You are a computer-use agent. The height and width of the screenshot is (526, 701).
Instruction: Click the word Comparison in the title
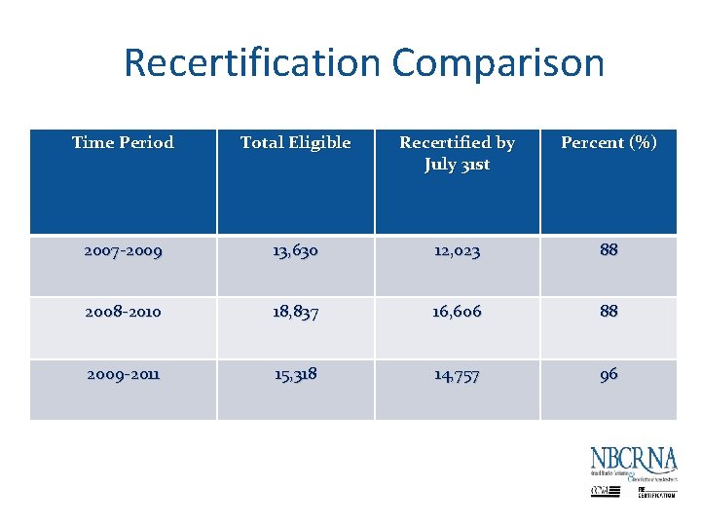click(498, 63)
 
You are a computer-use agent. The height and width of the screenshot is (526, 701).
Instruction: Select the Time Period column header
click(123, 142)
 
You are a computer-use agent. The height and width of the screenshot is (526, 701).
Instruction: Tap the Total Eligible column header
click(295, 142)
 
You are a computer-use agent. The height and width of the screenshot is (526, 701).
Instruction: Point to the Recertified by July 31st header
click(457, 153)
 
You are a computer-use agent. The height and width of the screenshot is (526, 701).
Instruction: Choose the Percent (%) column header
click(609, 142)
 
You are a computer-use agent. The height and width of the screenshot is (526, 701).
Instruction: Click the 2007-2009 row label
click(123, 250)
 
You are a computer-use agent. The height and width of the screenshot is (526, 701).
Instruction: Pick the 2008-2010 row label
click(123, 312)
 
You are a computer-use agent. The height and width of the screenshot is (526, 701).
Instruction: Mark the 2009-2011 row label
click(123, 374)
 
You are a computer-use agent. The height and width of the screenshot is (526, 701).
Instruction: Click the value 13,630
click(295, 250)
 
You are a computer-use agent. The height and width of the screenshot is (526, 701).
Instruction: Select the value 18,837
click(295, 312)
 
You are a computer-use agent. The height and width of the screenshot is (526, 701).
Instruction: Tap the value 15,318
click(295, 374)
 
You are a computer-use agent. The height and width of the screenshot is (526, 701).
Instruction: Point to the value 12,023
click(457, 250)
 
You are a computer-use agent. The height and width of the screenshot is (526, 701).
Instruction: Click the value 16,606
click(457, 312)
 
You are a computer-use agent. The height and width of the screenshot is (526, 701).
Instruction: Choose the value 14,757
click(457, 374)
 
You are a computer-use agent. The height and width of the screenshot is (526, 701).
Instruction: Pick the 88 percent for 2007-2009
click(609, 249)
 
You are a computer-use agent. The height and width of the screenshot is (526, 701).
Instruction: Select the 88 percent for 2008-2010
click(609, 312)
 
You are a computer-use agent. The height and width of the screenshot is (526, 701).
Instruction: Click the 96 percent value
click(609, 374)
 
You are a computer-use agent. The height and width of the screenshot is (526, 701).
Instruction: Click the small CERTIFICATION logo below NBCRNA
click(656, 493)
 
